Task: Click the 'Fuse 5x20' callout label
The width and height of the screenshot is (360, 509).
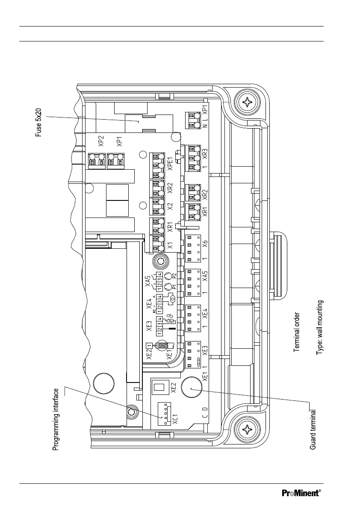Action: tap(38, 120)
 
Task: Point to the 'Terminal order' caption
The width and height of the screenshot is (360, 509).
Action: tap(297, 332)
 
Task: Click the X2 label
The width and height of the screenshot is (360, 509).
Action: tap(170, 207)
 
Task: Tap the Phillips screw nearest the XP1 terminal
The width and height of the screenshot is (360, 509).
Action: tap(248, 103)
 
